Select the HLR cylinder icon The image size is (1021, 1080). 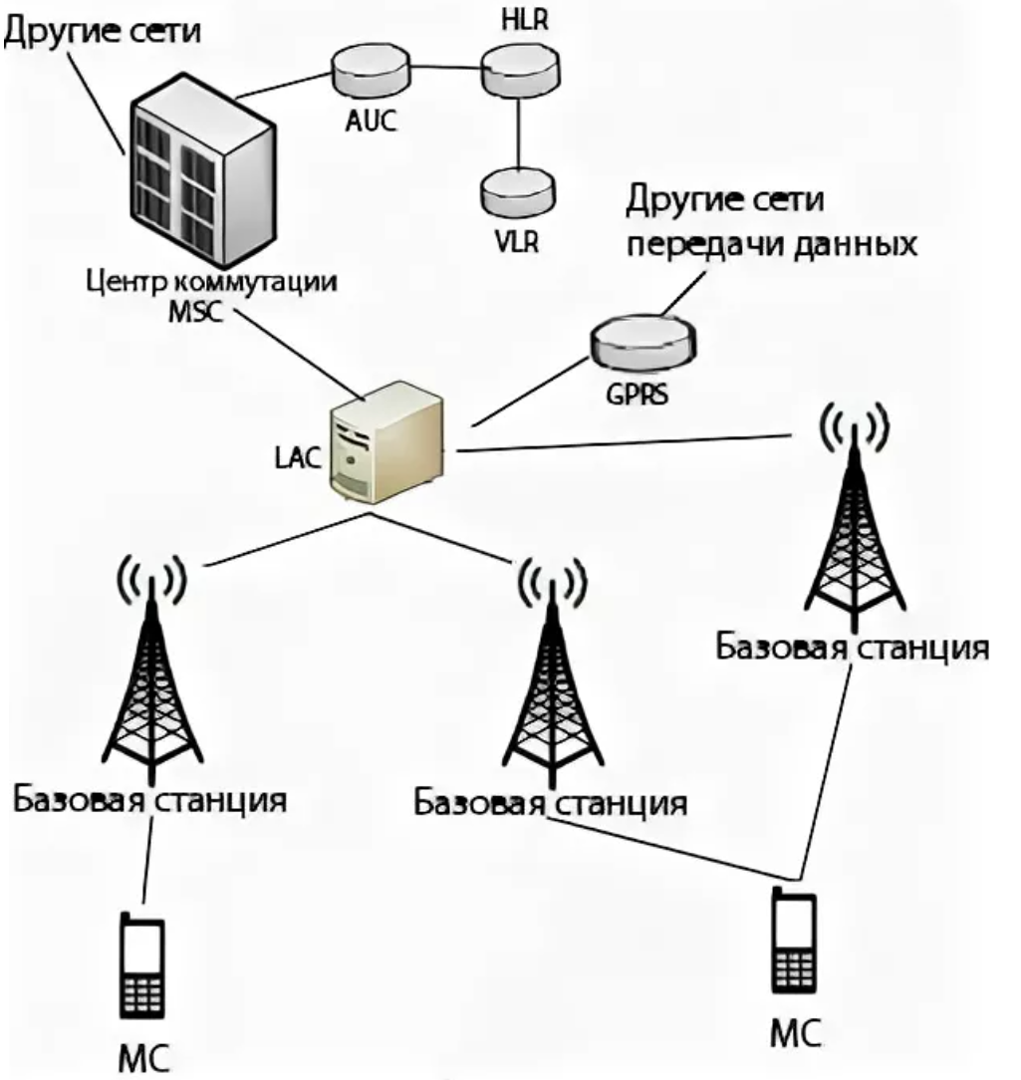517,71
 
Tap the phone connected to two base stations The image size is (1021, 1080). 794,942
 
